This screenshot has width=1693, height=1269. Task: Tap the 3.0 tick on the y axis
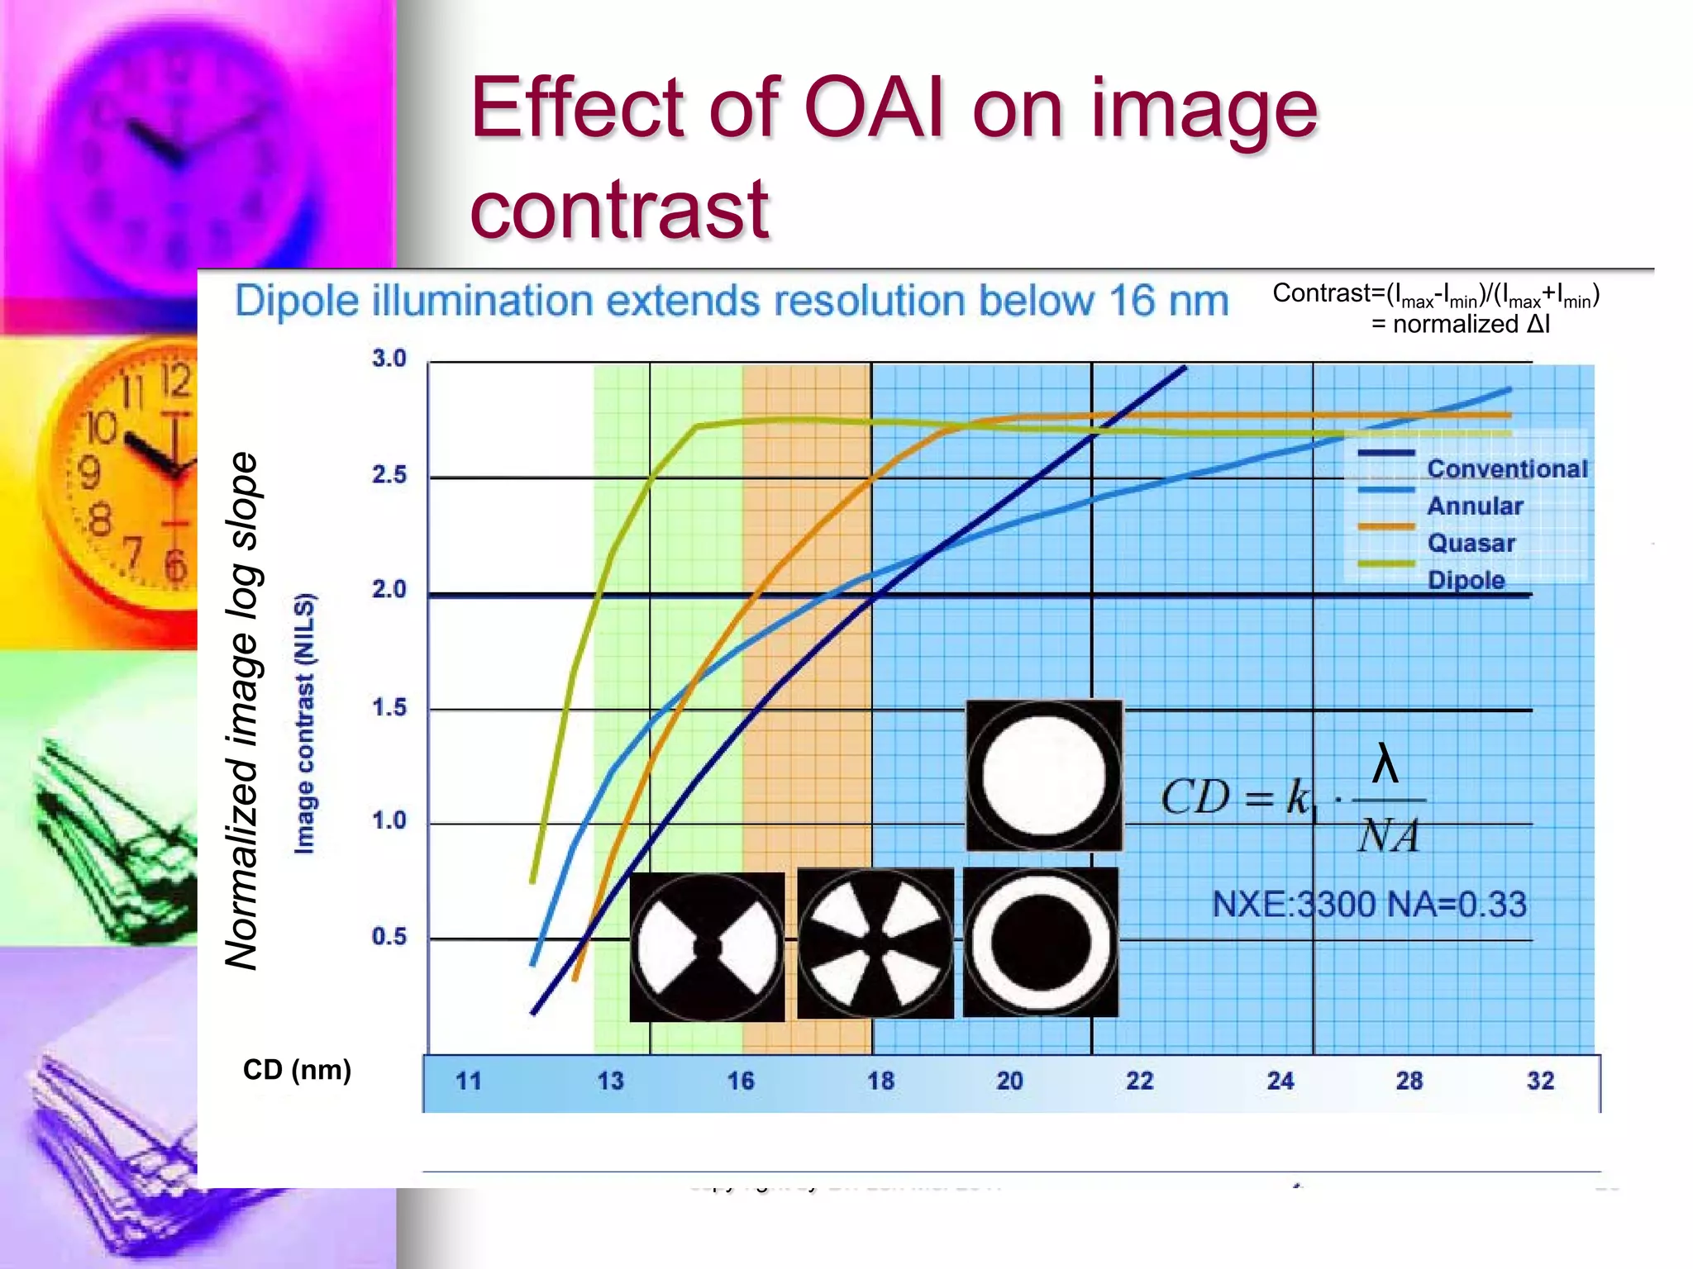tap(389, 359)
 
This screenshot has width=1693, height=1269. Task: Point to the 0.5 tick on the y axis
tap(389, 937)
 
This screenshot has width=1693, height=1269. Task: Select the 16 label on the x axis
tap(741, 1081)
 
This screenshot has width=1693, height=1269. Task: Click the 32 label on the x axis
tap(1540, 1081)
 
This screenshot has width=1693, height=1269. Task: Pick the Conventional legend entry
tap(1507, 468)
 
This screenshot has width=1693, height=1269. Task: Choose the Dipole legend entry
tap(1466, 580)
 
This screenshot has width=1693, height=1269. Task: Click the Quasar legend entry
tap(1471, 543)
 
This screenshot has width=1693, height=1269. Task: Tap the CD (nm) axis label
tap(297, 1070)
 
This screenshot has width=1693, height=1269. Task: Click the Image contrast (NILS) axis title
tap(304, 724)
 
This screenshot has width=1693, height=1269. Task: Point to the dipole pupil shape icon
tap(707, 947)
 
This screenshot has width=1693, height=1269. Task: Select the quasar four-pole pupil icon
tap(875, 943)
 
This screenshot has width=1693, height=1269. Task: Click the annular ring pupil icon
tap(1041, 943)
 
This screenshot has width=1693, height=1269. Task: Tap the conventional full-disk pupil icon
tap(1044, 775)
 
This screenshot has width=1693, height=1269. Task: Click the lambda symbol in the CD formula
tap(1385, 764)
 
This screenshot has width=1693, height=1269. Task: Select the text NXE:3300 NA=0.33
tap(1369, 904)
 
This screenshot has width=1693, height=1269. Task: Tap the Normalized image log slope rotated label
tap(242, 711)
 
